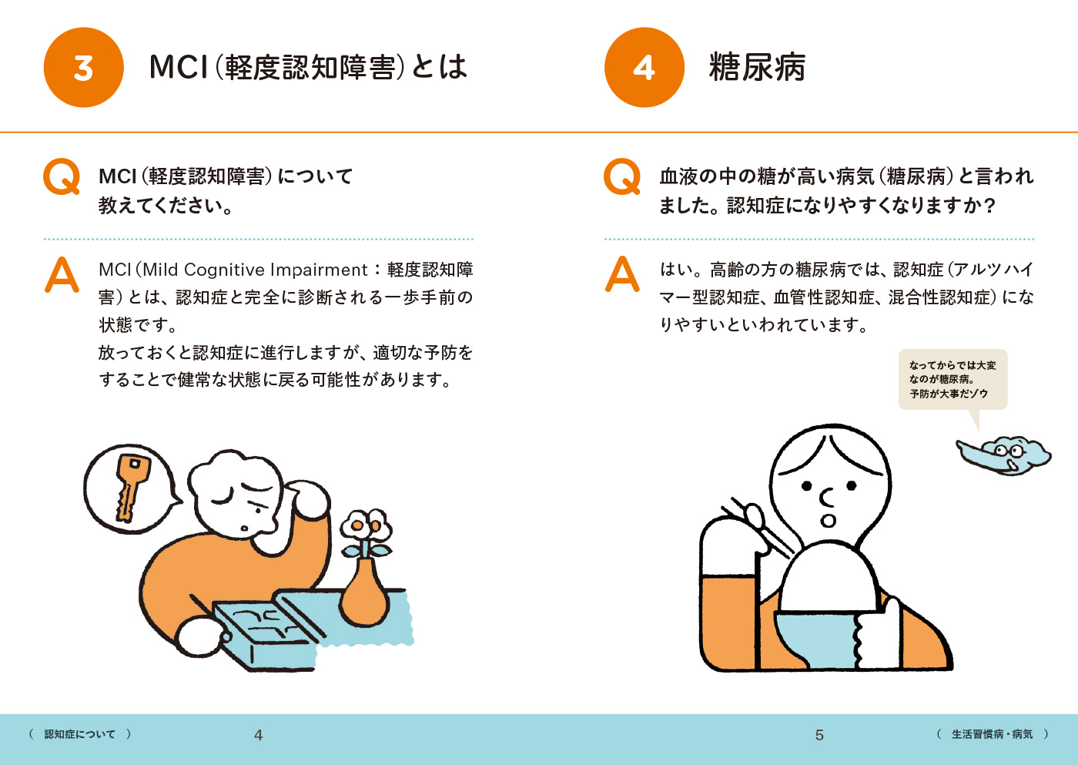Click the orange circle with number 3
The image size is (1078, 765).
pos(84,67)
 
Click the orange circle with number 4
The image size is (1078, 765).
pos(644,67)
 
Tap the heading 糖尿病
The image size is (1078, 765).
pos(757,67)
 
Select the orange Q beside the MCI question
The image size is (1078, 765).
pos(62,176)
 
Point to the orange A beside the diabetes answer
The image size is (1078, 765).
pos(622,274)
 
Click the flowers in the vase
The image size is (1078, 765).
pos(366,529)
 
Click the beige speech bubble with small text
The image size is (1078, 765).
pos(953,379)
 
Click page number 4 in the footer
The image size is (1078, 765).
pos(259,735)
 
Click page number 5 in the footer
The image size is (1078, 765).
pos(819,735)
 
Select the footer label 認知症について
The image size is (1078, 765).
pos(80,734)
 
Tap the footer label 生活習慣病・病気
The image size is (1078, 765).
pos(993,734)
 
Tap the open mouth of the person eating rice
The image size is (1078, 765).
pos(828,521)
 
